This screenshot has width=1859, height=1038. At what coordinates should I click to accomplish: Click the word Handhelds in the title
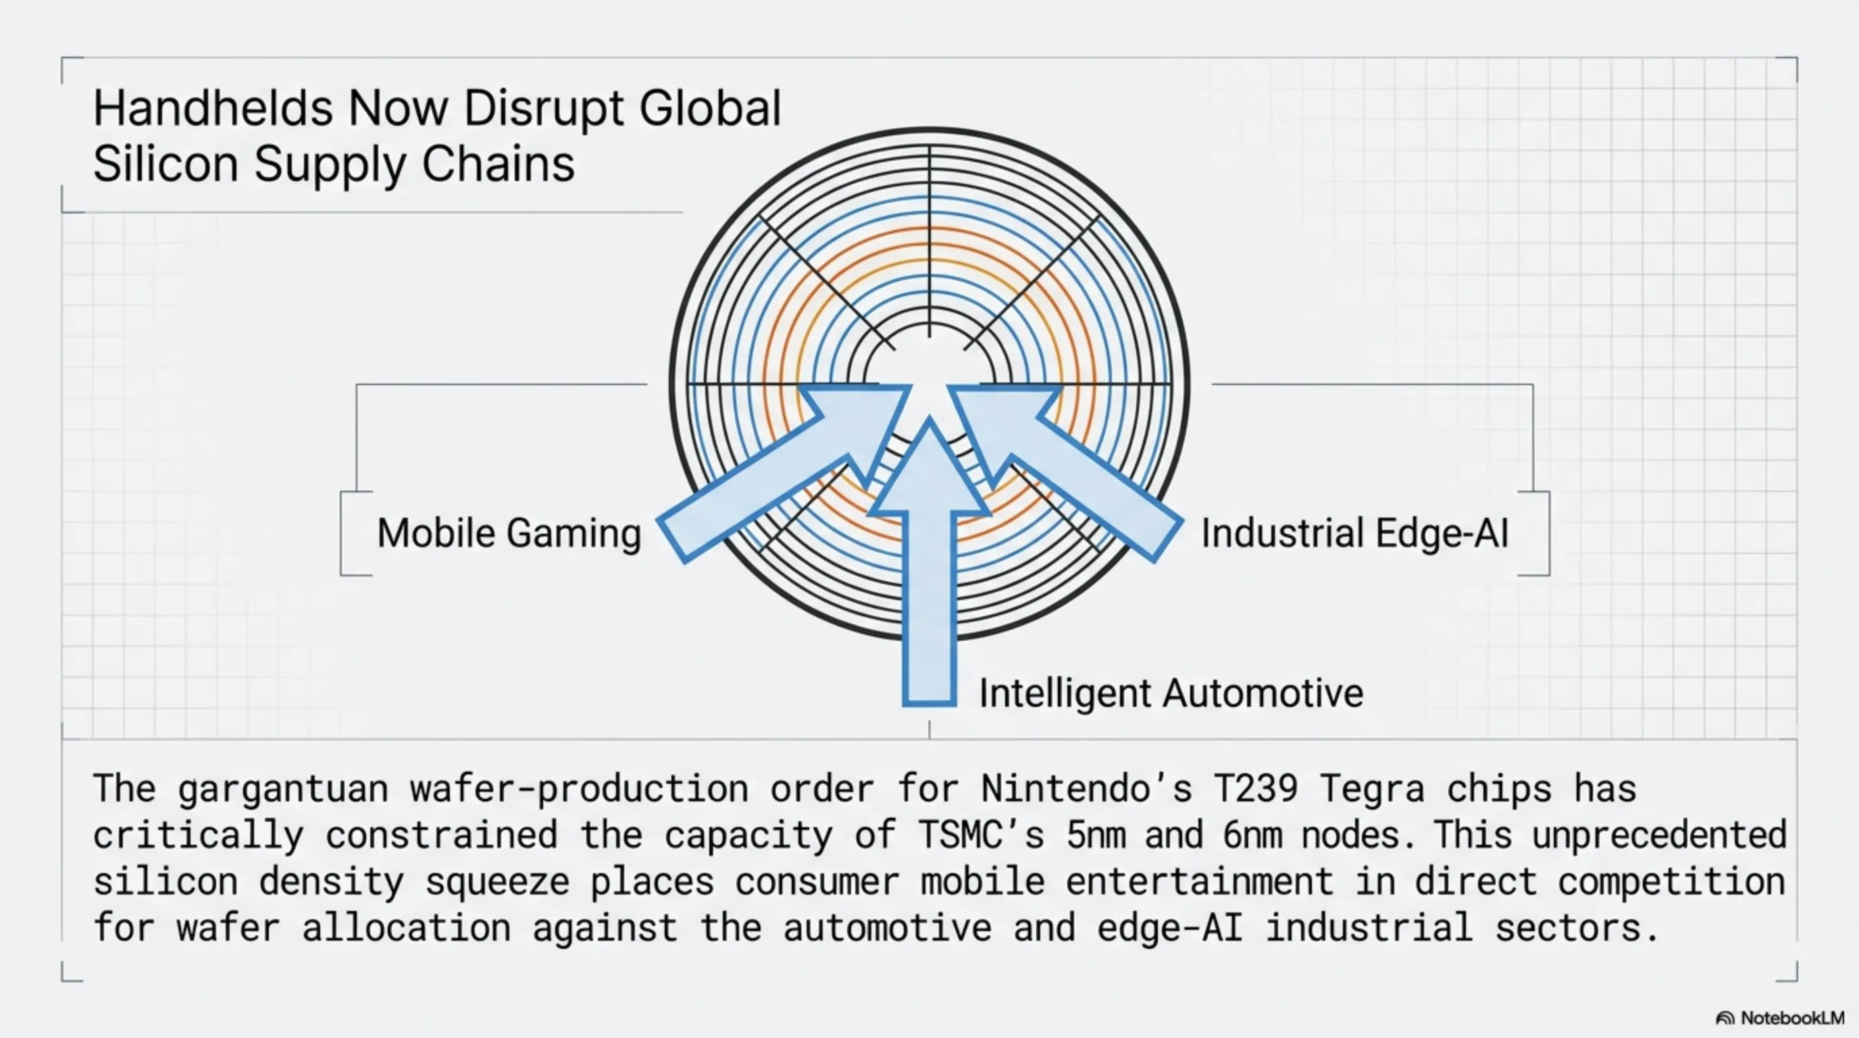[x=213, y=109]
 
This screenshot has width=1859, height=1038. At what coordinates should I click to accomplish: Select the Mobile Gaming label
[x=509, y=533]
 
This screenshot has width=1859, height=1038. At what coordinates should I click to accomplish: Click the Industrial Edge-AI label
[x=1354, y=533]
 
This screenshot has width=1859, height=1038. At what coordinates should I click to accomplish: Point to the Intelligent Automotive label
[x=1171, y=693]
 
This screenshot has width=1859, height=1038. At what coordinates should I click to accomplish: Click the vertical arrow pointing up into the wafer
[x=929, y=578]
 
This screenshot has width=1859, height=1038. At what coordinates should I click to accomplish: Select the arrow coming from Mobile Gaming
[x=780, y=476]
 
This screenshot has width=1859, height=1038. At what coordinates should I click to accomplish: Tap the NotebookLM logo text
[x=1792, y=1018]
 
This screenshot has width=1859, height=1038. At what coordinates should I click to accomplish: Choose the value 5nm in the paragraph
[x=1097, y=836]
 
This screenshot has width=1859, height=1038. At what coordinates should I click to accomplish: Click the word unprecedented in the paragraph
[x=1658, y=836]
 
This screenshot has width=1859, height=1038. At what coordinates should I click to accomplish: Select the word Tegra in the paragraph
[x=1373, y=789]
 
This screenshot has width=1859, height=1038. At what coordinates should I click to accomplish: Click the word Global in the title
[x=710, y=109]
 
